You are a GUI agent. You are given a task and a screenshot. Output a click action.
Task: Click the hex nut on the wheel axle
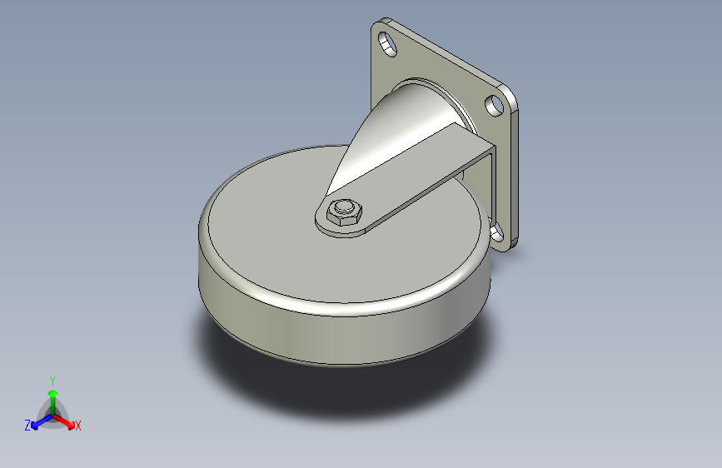point(344,212)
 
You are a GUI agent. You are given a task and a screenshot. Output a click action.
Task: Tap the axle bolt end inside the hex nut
point(343,207)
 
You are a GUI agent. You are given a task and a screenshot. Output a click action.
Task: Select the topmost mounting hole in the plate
point(387,44)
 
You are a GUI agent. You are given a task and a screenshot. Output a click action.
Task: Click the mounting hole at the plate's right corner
point(494,105)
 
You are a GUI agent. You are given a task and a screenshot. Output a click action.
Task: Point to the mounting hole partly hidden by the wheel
point(497,233)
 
